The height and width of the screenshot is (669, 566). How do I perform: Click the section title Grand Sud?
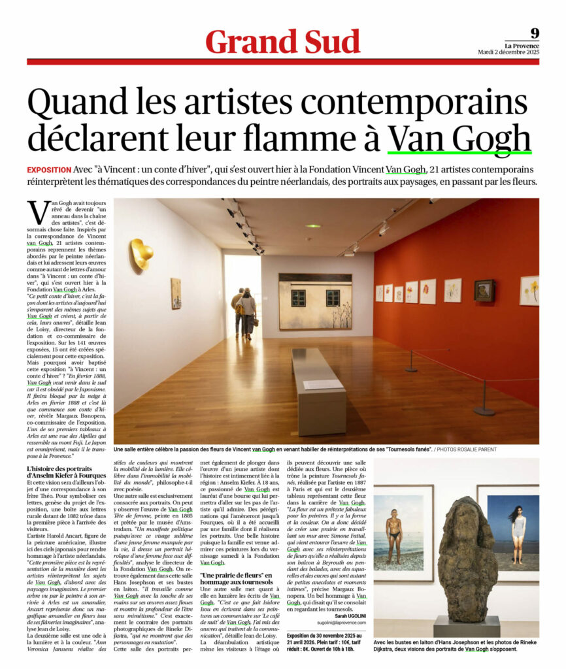pyautogui.click(x=282, y=42)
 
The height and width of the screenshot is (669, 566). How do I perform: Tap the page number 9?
pyautogui.click(x=535, y=33)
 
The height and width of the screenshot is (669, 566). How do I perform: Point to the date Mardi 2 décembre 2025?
pyautogui.click(x=508, y=52)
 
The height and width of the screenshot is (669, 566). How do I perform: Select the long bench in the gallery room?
pyautogui.click(x=318, y=389)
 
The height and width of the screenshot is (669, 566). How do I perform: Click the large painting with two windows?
pyautogui.click(x=315, y=301)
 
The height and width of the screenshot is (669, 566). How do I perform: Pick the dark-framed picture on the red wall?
pyautogui.click(x=484, y=290)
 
